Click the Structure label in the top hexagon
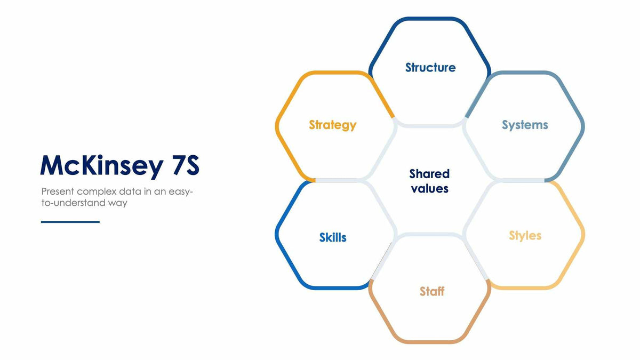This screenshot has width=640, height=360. coord(430,68)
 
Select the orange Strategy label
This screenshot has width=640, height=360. coord(332,125)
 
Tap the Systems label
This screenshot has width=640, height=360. coord(525,125)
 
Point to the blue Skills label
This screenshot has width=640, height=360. coord(333,237)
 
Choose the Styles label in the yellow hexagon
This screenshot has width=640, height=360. coord(525,236)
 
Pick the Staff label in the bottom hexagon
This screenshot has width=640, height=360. coord(431,291)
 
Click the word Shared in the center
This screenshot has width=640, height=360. coord(429,174)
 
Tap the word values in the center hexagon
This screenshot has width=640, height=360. coord(429,188)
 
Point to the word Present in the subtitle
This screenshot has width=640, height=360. coord(58,191)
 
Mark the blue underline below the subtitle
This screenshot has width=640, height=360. coord(70,222)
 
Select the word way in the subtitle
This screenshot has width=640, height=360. coord(119,203)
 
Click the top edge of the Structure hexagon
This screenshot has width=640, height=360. coord(430,19)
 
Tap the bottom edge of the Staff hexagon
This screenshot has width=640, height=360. coord(430,341)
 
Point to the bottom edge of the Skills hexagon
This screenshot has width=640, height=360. coord(334,288)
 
